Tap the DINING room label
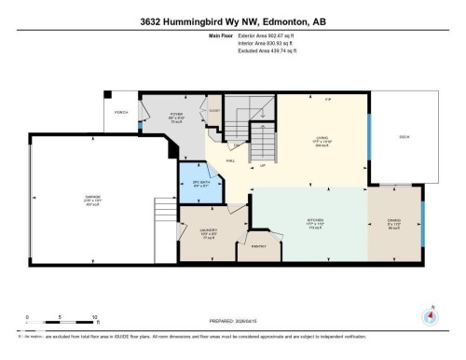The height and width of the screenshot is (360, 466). click(394, 222)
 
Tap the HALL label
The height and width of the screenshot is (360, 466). click(230, 159)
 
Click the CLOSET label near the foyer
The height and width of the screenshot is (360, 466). click(213, 109)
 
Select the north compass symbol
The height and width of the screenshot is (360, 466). click(430, 315)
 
